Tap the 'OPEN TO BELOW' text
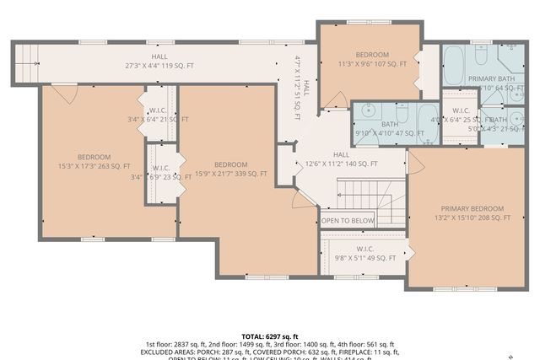348,221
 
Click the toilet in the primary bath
479,56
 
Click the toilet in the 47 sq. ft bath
401,113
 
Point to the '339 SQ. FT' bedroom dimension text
240,175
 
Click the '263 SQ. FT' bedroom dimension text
94,167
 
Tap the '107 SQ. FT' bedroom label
372,63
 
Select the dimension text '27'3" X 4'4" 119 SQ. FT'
159,65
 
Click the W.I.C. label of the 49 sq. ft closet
365,249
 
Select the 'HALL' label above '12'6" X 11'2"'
341,155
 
